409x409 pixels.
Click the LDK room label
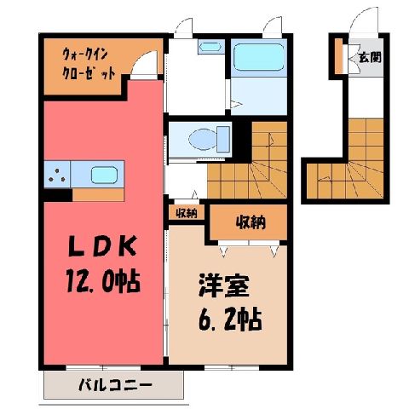pos(102,246)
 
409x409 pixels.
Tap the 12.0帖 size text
pos(103,281)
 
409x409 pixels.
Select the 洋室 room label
pos(224,285)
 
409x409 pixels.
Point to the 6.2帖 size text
pos(230,319)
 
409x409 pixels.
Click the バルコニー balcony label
pos(115,385)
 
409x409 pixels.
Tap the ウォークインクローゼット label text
pos(89,64)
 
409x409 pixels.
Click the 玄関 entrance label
pos(370,58)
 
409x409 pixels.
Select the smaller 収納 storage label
pos(187,213)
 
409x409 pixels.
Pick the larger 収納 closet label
pos(251,222)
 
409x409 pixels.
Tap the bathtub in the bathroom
pos(258,57)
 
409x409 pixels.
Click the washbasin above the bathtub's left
pos(210,46)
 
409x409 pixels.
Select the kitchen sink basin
pos(104,175)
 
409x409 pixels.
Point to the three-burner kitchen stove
pos(57,174)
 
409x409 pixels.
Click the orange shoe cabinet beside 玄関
pos(338,55)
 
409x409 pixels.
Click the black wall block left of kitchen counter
pos(58,195)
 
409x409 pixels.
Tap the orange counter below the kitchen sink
pos(98,195)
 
